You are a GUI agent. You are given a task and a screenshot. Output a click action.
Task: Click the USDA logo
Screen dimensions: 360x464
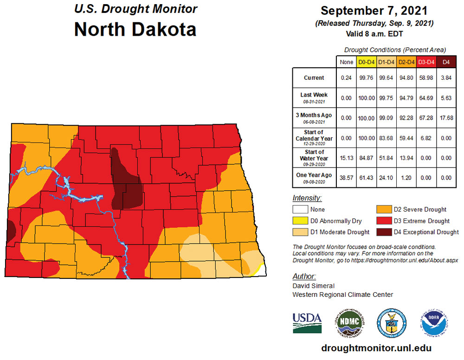coord(307,322)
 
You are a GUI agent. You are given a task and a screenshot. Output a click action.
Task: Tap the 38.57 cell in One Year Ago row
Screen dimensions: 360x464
coord(346,178)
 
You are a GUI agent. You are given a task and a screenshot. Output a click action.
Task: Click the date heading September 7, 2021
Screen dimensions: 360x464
coord(374,11)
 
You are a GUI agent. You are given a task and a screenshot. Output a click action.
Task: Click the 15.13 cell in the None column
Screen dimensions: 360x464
coord(346,158)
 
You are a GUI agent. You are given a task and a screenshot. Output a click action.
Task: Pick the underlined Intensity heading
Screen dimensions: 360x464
coord(307,198)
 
